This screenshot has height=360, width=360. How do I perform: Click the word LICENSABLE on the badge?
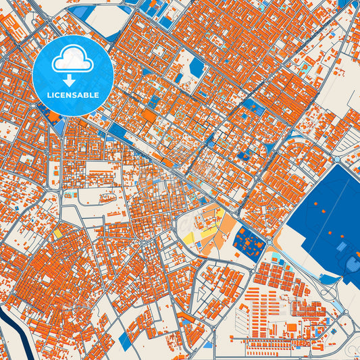[x=73, y=95]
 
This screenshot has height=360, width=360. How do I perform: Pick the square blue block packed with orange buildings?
[x=249, y=243]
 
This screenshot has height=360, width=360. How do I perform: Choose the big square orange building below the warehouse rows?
[x=292, y=328]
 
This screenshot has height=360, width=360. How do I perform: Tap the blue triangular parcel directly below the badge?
[x=57, y=126]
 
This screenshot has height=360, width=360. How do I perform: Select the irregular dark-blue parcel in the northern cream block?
[x=197, y=66]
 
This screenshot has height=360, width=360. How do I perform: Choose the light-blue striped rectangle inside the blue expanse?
[x=352, y=263]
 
